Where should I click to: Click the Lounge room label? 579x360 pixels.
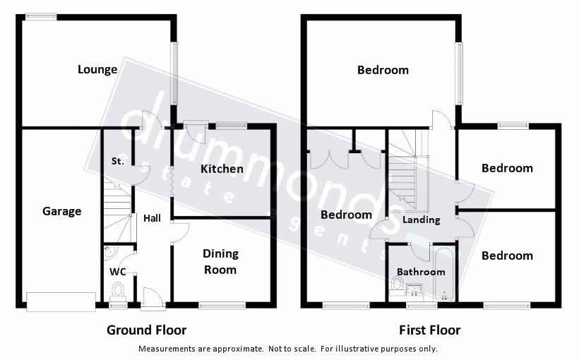click(97, 69)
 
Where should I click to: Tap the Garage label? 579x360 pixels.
click(62, 211)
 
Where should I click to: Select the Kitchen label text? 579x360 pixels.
click(222, 169)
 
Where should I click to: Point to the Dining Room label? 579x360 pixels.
click(220, 261)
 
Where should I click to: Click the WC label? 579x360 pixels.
click(117, 272)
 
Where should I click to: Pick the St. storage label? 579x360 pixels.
click(117, 161)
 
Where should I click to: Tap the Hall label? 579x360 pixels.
click(152, 218)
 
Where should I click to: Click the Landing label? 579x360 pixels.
click(421, 220)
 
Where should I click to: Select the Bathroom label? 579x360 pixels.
click(419, 272)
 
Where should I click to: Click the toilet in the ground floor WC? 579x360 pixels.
click(118, 290)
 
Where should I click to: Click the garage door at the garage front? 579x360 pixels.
click(61, 301)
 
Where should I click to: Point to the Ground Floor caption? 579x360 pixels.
click(146, 330)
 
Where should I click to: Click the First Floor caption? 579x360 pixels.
click(429, 330)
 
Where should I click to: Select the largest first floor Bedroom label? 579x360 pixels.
click(383, 70)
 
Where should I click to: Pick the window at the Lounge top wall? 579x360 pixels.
click(42, 17)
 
